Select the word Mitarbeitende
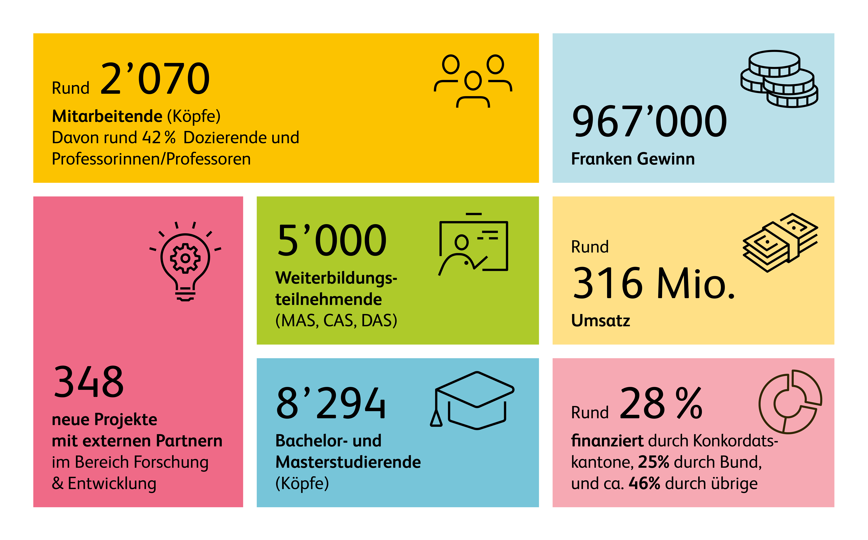pyautogui.click(x=107, y=116)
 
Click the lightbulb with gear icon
pyautogui.click(x=185, y=261)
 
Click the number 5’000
pyautogui.click(x=332, y=240)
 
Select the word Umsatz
pyautogui.click(x=600, y=320)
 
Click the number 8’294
pyautogui.click(x=331, y=404)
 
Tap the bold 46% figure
pyautogui.click(x=644, y=484)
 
